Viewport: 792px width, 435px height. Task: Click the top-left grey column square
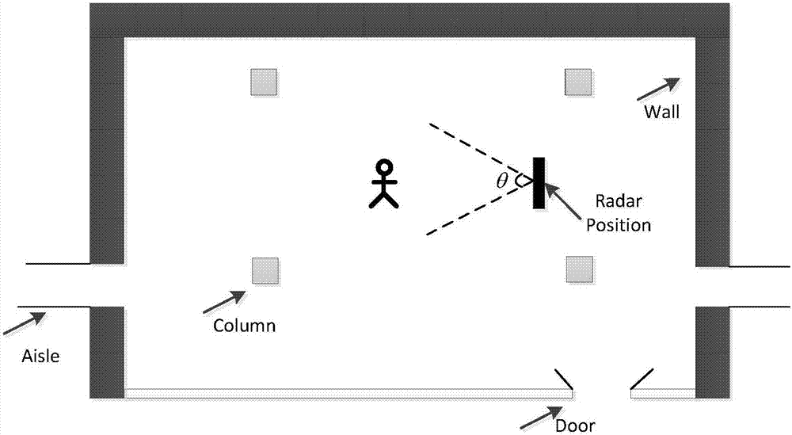264,82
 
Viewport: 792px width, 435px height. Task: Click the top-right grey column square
577,82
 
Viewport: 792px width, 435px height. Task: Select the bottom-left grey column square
264,270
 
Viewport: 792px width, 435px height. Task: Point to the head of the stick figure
384,168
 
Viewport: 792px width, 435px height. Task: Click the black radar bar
539,182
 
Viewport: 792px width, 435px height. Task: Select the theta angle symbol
502,181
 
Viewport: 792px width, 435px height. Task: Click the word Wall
661,112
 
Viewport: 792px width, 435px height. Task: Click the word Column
245,325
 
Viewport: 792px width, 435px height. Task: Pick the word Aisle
40,357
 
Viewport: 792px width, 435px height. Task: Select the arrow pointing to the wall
657,88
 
